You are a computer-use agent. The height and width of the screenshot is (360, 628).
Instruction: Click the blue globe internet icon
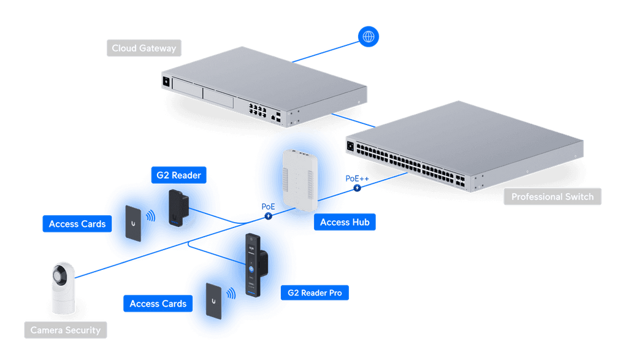click(368, 37)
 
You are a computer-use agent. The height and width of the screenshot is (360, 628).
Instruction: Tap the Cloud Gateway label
click(144, 48)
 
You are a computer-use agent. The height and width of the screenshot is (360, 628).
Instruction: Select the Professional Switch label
click(553, 197)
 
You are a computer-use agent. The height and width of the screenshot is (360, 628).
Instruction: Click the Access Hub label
click(345, 222)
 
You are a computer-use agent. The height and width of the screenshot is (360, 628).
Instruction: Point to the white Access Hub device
click(300, 180)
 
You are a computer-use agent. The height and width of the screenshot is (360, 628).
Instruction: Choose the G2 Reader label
click(178, 175)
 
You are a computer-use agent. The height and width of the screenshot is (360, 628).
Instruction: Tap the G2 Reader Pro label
click(315, 293)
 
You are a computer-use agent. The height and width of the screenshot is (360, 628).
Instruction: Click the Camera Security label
click(66, 330)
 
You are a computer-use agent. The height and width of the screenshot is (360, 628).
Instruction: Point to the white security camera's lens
click(59, 276)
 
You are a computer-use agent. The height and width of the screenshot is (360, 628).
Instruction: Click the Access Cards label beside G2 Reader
click(77, 224)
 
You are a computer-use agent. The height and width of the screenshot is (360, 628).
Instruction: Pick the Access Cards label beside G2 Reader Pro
click(158, 304)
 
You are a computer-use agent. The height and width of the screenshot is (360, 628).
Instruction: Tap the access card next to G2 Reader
click(133, 223)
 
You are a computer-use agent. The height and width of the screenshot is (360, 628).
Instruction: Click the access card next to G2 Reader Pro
click(213, 301)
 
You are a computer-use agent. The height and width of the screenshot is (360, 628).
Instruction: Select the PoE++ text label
click(358, 178)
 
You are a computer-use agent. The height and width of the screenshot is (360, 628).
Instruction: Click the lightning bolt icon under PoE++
click(358, 188)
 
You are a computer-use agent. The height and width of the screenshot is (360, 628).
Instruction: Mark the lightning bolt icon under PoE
click(269, 216)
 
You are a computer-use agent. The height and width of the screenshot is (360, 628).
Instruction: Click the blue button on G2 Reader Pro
click(251, 269)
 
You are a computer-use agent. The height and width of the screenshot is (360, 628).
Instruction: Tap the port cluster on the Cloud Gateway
click(258, 110)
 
